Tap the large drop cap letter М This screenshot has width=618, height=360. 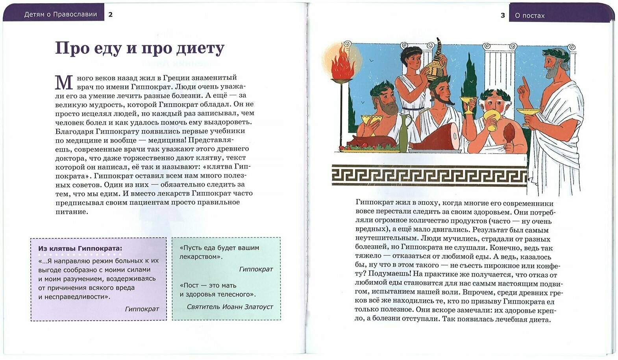tap(64, 83)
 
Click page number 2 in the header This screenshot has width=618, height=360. tap(111, 15)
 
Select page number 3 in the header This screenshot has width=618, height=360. tap(503, 15)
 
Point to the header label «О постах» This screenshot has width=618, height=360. tap(529, 16)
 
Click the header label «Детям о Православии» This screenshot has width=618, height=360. tap(61, 15)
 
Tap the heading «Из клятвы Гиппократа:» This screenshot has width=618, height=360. tap(80, 249)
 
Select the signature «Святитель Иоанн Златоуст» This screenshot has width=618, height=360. tap(229, 307)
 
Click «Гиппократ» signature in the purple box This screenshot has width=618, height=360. tap(142, 309)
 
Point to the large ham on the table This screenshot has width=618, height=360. tap(437, 138)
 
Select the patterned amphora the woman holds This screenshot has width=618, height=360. tap(433, 59)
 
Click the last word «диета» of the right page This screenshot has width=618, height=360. tap(539, 319)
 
